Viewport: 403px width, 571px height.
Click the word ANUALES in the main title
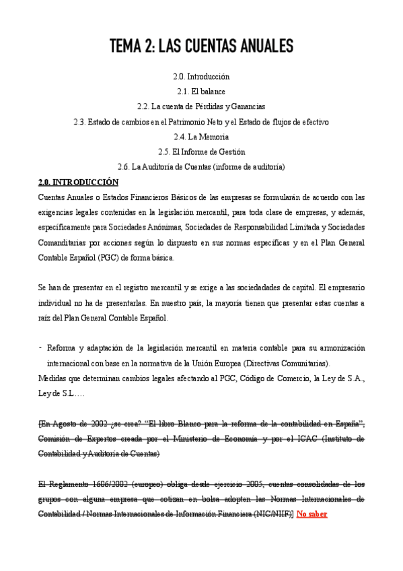point(260,46)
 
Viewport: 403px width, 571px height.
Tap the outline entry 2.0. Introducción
point(201,77)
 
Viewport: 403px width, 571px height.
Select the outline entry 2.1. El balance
point(201,92)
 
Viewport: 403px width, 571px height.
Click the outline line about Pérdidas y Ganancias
point(201,106)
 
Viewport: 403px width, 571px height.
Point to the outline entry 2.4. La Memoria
point(201,137)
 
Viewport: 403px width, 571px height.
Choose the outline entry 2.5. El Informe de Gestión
point(201,152)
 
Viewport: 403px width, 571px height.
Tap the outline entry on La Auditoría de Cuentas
point(201,166)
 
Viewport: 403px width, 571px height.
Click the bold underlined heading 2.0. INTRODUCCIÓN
point(78,182)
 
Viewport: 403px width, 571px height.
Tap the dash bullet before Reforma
point(41,347)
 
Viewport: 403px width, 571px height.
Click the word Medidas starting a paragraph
point(54,378)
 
